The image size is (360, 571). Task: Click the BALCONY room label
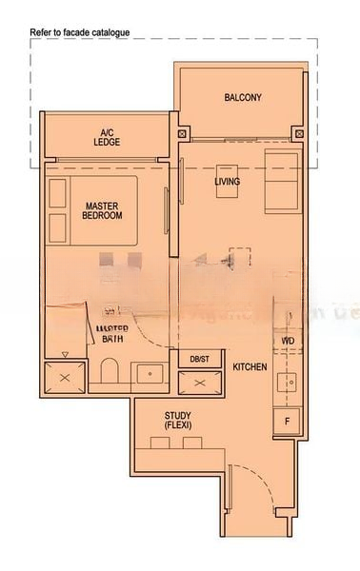243,98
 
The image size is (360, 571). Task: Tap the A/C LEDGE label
108,137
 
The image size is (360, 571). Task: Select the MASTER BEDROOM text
103,210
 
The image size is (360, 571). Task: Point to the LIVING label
228,182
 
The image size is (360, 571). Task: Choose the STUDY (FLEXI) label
177,421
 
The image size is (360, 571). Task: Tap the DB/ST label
199,359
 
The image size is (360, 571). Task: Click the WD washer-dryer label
288,340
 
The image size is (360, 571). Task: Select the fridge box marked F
287,420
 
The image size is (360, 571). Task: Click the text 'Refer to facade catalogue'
81,32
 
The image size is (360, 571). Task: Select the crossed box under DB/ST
199,382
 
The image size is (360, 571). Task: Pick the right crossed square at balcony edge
300,134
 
